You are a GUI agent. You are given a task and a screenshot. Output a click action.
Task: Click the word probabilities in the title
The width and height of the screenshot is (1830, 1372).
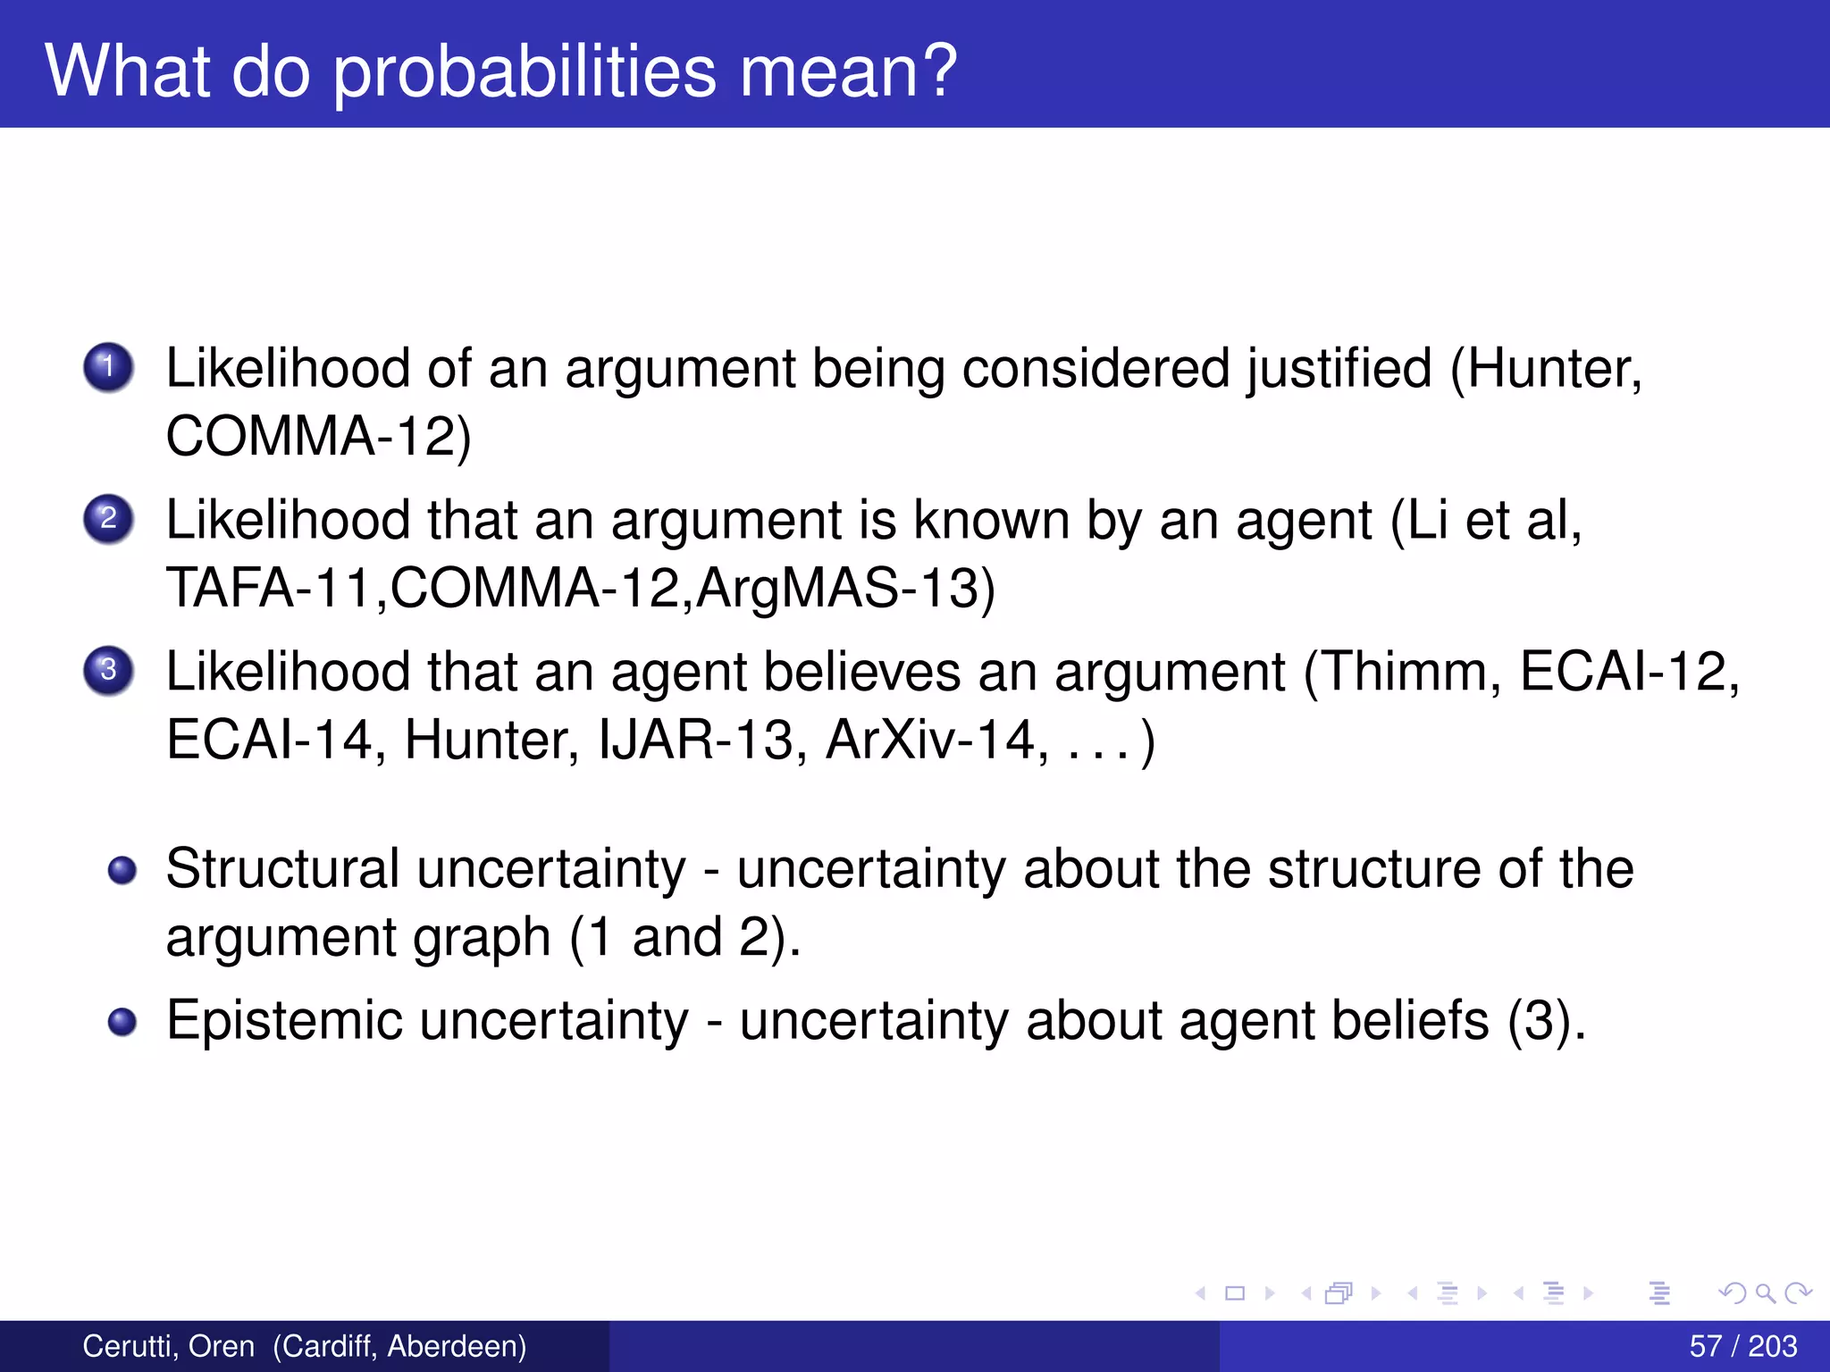pos(525,71)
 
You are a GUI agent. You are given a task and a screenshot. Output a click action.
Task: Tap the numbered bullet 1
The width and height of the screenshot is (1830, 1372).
pos(109,367)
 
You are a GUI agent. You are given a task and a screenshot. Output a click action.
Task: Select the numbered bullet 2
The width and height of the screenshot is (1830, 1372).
pos(109,519)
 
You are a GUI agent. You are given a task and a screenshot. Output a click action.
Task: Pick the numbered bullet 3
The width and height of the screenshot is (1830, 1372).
pos(109,670)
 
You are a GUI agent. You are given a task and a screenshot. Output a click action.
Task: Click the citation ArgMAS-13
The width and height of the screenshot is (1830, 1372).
pos(844,588)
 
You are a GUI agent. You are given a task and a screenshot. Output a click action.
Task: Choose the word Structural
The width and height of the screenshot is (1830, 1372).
pos(282,868)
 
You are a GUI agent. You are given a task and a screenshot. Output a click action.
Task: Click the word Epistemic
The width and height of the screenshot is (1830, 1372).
pos(284,1020)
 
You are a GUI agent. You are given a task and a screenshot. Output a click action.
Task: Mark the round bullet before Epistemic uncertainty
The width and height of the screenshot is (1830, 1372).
pos(122,1022)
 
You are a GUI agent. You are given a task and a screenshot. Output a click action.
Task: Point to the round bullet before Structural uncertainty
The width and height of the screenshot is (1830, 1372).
pos(122,870)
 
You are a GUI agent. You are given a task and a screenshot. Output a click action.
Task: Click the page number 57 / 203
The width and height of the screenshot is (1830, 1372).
pos(1742,1346)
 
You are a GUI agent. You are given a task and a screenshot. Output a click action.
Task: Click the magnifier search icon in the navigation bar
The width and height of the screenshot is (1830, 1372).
pos(1765,1293)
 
